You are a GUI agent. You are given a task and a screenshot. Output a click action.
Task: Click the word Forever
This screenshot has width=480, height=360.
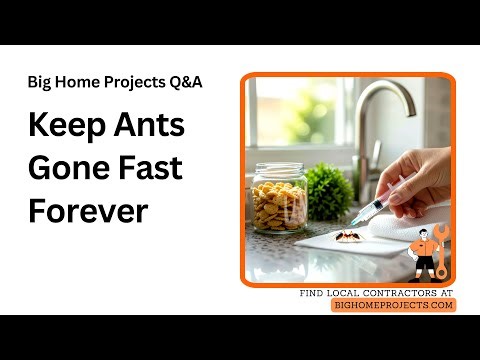(x=88, y=210)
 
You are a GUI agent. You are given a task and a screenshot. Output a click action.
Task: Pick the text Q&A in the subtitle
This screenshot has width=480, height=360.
(x=185, y=82)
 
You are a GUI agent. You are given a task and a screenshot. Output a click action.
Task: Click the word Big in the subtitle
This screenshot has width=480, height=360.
(x=40, y=82)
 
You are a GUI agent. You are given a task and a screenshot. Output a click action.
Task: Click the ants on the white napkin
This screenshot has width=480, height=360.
(x=344, y=236)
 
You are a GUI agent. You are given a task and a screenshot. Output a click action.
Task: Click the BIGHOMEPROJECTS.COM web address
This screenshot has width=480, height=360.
(x=393, y=305)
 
